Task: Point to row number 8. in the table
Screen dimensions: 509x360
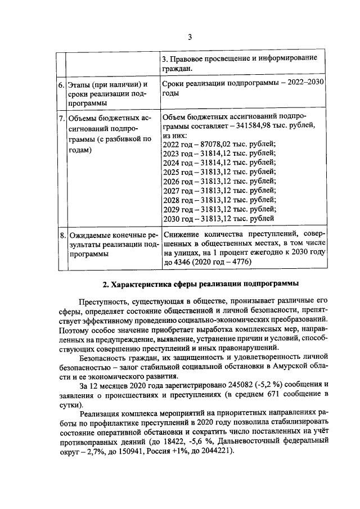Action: coord(61,233)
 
